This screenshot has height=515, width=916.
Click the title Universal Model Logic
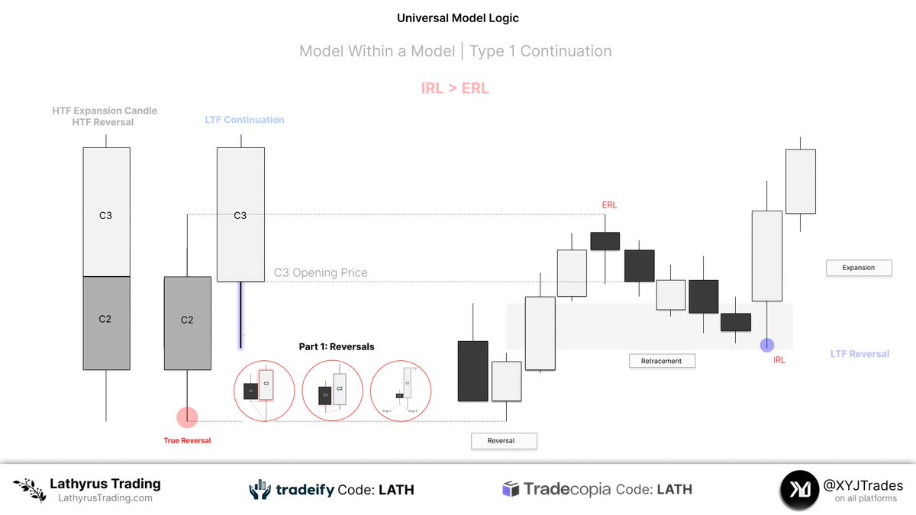[458, 18]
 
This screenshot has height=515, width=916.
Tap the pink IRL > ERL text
[455, 89]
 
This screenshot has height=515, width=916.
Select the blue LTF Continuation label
[244, 120]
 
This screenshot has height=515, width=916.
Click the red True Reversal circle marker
[187, 417]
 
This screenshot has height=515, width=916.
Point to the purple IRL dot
[767, 345]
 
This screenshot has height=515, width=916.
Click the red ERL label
[609, 205]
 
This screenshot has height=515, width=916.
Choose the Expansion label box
[859, 268]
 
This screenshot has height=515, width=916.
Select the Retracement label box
[662, 360]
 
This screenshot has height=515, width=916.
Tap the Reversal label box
[504, 440]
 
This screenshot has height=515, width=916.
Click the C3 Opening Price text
[321, 272]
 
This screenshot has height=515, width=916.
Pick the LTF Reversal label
[860, 354]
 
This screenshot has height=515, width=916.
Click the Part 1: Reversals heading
[337, 346]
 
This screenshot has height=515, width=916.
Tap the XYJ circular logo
[799, 489]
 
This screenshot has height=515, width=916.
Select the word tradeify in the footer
[305, 490]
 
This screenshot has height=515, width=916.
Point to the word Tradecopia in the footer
[566, 490]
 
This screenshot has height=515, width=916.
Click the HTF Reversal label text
[104, 122]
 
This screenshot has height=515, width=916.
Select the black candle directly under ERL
[605, 241]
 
